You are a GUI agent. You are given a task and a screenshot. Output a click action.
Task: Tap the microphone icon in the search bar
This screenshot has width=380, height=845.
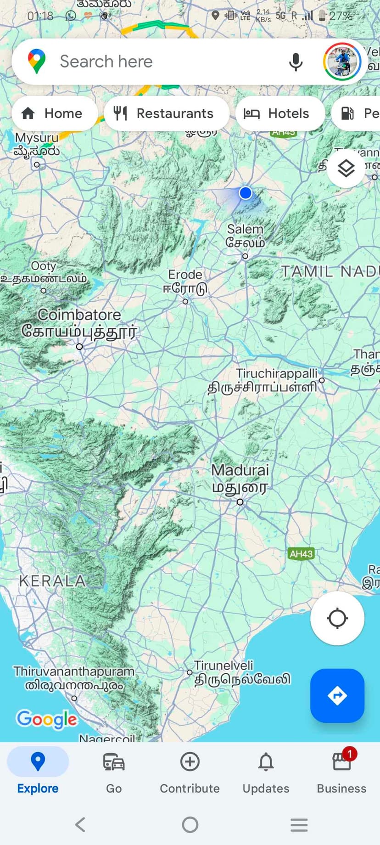click(296, 62)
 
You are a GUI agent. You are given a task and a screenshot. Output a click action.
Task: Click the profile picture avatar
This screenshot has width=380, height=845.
click(342, 62)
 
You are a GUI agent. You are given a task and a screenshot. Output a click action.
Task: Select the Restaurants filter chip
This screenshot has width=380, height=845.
click(166, 113)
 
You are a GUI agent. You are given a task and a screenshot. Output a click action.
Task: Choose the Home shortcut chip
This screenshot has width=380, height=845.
click(54, 113)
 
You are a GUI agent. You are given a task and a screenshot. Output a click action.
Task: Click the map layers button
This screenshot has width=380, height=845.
click(346, 169)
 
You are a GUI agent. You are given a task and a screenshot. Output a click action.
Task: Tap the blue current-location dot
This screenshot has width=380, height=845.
click(246, 193)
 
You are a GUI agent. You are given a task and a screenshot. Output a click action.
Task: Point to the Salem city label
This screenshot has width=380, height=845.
click(246, 235)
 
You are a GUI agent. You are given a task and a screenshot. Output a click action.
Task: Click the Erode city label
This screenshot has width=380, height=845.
click(185, 281)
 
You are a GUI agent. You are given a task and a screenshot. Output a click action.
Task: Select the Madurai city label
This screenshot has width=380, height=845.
click(240, 478)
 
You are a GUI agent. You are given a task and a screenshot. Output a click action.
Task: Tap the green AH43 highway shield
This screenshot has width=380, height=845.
click(301, 554)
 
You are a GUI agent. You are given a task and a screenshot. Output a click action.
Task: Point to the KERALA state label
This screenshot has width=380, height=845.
click(52, 581)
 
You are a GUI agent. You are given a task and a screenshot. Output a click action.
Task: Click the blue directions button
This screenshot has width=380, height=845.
click(337, 695)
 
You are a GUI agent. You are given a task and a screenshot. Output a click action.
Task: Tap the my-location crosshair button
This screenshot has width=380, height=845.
click(337, 618)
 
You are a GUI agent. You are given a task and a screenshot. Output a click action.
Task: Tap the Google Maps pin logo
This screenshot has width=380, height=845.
click(37, 62)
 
